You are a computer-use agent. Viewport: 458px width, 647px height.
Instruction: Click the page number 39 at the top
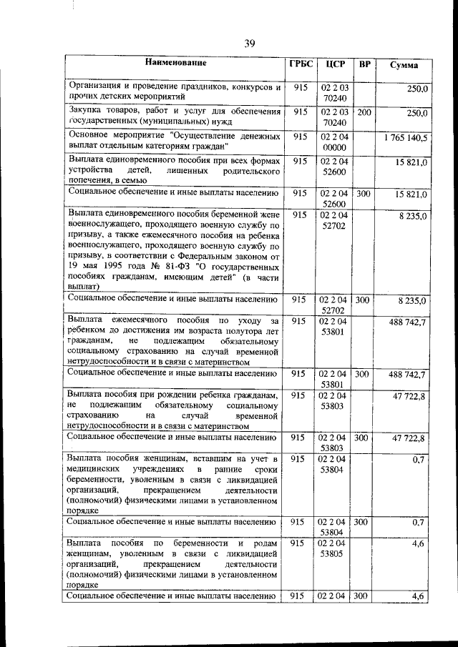coord(249,44)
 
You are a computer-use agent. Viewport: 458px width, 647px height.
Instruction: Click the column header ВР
coord(364,64)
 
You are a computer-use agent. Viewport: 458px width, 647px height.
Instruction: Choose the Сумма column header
coord(404,65)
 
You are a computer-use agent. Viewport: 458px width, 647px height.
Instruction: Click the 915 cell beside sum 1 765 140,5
coord(299,137)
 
